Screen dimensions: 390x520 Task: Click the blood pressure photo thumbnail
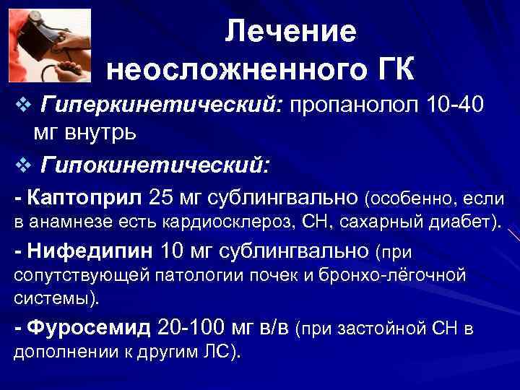click(x=50, y=45)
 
